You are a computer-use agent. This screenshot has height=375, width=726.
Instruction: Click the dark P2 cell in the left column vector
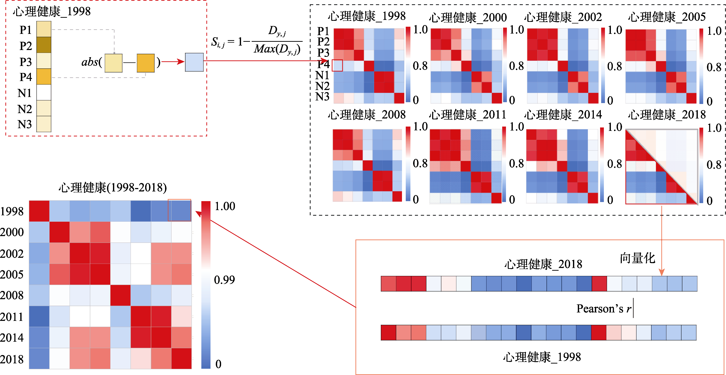44,45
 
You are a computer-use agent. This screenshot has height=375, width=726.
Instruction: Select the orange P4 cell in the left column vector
44,77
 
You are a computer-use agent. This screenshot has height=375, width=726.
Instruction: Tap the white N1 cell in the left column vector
44,92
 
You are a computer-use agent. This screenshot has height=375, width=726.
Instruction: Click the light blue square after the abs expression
194,62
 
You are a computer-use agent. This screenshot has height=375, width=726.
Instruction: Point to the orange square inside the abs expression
145,63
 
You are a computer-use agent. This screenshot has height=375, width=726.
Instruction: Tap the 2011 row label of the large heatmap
12,317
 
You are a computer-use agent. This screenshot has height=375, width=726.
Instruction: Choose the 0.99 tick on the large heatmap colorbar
224,280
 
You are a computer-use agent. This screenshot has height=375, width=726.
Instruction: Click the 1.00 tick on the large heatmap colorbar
225,206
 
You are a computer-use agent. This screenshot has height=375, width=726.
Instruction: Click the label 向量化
637,258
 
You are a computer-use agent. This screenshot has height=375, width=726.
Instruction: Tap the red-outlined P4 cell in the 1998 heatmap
337,66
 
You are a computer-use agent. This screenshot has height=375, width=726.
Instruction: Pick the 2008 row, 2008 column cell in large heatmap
120,295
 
